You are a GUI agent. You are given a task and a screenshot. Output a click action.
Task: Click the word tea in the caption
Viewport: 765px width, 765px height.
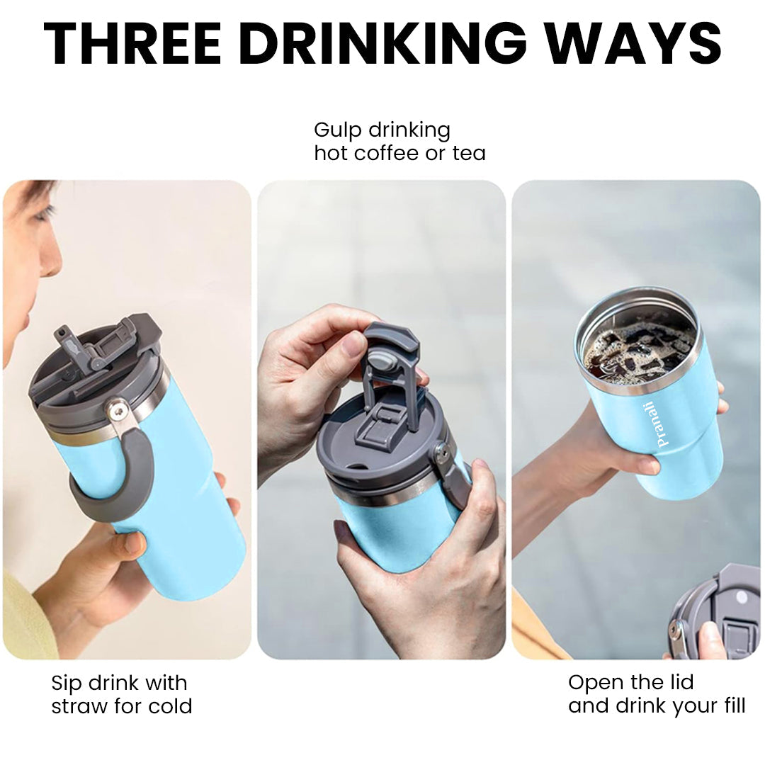[x=469, y=154]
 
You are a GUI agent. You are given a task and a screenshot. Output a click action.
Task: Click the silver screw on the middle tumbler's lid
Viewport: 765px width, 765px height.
[x=443, y=452]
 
